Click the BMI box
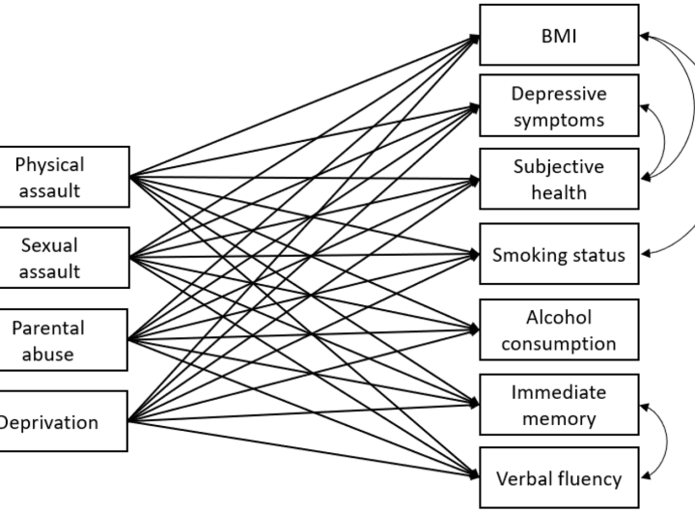coord(559,35)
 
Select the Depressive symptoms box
coord(559,105)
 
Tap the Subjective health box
coord(559,179)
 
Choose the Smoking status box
coord(559,254)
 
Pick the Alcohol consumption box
coord(559,329)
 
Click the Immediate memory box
coord(559,405)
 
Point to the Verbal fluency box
coord(559,478)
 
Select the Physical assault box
coord(65,177)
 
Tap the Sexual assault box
coord(65,258)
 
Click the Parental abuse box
coord(64,340)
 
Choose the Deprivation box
coord(64,421)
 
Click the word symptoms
coord(559,121)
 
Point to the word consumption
coord(559,344)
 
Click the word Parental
coord(48,328)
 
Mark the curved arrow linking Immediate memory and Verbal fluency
coord(667,441)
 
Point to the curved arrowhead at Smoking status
coord(646,254)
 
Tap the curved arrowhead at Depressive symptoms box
coord(645,107)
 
